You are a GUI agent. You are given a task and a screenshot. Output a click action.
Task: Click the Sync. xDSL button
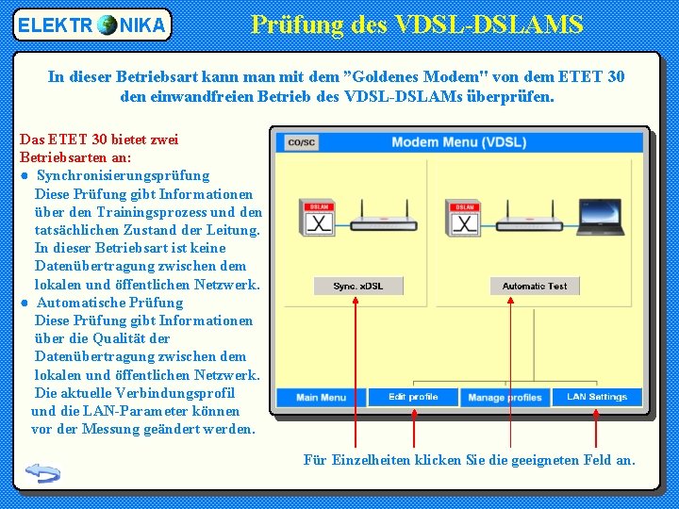pyautogui.click(x=357, y=286)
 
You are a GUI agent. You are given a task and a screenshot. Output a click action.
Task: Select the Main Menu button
pyautogui.click(x=320, y=397)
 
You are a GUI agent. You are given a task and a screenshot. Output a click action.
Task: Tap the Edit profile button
pyautogui.click(x=413, y=397)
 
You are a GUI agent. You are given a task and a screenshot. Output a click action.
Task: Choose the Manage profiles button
pyautogui.click(x=505, y=397)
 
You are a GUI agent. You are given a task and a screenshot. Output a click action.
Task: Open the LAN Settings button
pyautogui.click(x=596, y=397)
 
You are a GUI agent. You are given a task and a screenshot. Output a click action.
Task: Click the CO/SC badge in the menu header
pyautogui.click(x=301, y=142)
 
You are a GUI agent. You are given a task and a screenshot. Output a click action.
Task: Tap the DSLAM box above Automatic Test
pyautogui.click(x=465, y=219)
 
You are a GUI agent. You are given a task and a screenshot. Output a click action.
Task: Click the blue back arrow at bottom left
pyautogui.click(x=43, y=472)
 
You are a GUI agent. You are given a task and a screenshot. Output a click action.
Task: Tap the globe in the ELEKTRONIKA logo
pyautogui.click(x=107, y=25)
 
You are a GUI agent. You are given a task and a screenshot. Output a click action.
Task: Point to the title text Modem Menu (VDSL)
pyautogui.click(x=458, y=142)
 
